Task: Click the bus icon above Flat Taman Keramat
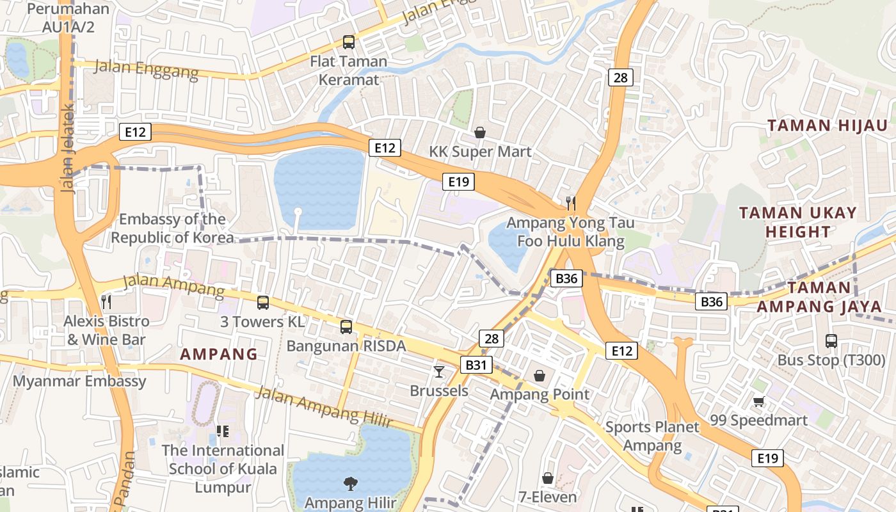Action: click(349, 42)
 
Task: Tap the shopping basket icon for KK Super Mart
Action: click(480, 132)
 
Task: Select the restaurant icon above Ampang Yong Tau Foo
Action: click(571, 204)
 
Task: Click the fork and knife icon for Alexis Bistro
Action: click(107, 301)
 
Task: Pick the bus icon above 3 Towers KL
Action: click(262, 302)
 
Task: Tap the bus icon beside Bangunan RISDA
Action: click(346, 327)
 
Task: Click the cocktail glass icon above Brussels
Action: click(439, 371)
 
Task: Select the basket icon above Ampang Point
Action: click(540, 375)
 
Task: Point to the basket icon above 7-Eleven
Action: click(548, 478)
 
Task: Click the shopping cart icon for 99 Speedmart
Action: click(758, 401)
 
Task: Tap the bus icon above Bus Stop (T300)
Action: click(831, 341)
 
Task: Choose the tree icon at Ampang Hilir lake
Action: click(350, 483)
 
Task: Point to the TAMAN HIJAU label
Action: click(828, 125)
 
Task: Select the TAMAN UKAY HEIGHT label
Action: click(797, 221)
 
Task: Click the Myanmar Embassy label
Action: click(79, 381)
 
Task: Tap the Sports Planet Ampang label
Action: click(652, 436)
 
